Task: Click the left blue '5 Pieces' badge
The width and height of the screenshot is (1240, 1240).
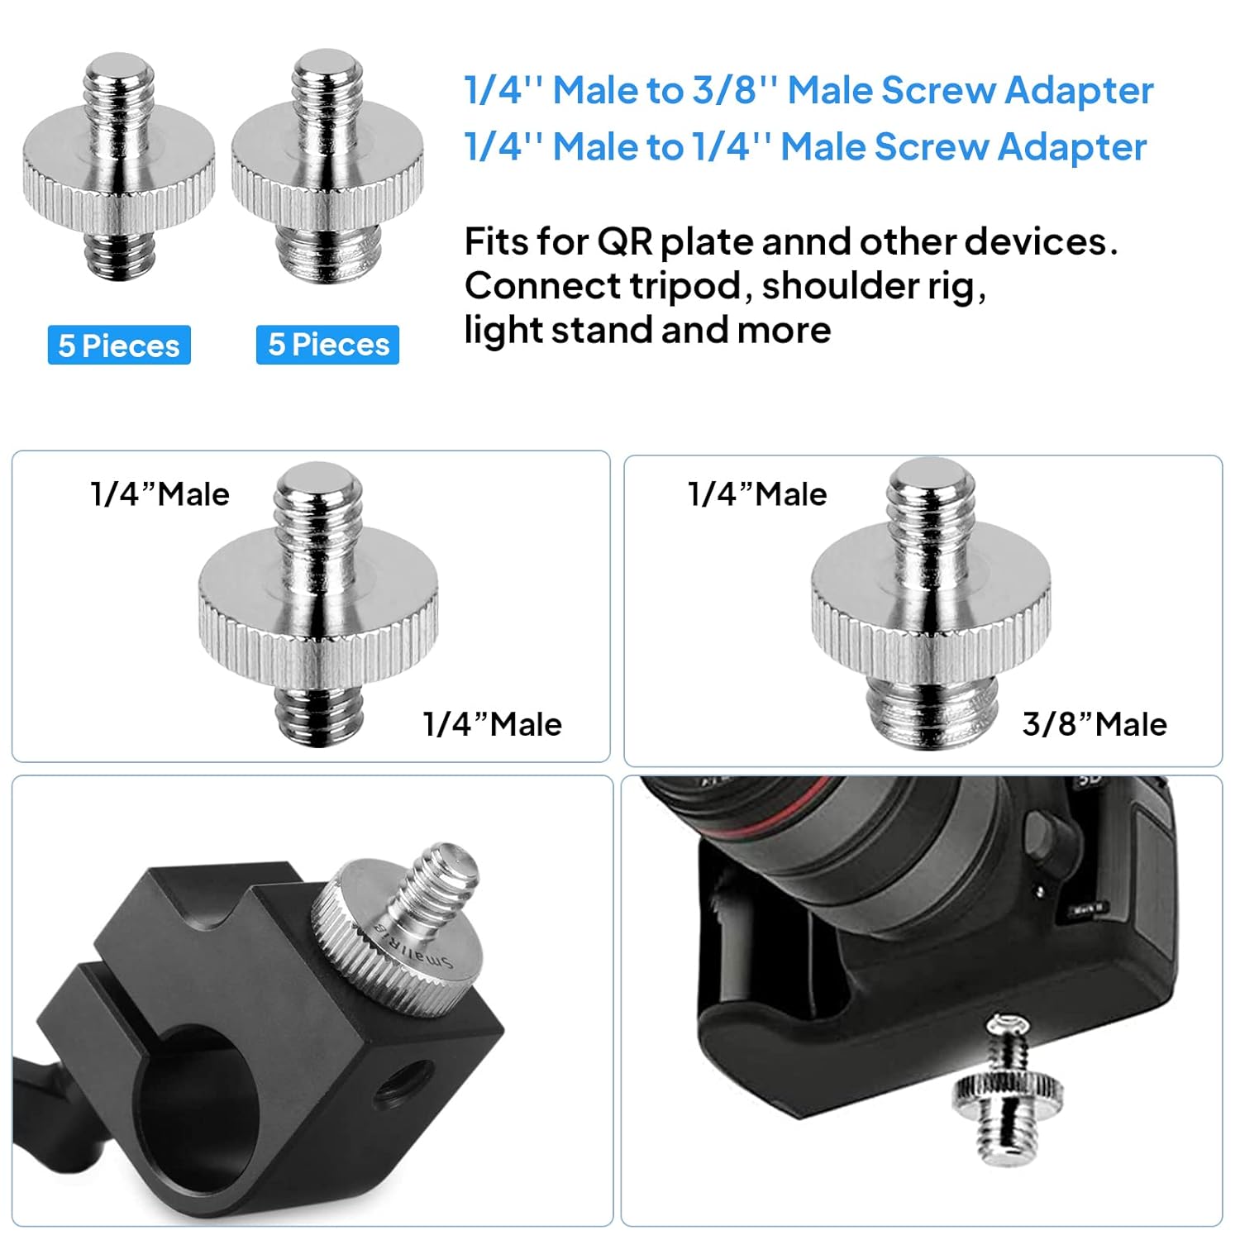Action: click(119, 345)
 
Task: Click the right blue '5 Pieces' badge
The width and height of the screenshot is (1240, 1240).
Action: click(328, 344)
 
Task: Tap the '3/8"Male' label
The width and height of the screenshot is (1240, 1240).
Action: click(1095, 724)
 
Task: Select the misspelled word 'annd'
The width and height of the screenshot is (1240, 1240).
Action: click(806, 242)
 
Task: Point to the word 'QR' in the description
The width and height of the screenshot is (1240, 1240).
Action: click(624, 242)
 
